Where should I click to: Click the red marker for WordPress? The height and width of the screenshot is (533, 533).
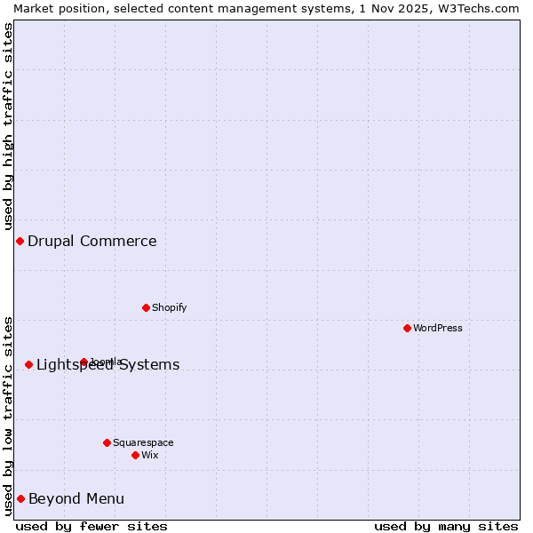(407, 328)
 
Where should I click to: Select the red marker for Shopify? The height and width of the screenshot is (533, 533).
(146, 307)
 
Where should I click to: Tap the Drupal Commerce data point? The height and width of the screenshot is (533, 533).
(20, 241)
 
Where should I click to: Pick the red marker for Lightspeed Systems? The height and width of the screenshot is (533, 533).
(28, 364)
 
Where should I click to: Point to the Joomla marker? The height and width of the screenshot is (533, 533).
(84, 362)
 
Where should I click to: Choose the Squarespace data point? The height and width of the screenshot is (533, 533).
(107, 442)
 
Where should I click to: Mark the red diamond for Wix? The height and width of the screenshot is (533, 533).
(135, 455)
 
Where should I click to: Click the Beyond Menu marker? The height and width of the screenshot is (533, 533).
(20, 498)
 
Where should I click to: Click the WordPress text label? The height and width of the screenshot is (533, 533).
(438, 328)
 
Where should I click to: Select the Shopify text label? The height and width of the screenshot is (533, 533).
(169, 307)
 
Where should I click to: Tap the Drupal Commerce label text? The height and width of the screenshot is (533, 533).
(92, 241)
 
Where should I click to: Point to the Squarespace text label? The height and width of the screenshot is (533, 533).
(143, 442)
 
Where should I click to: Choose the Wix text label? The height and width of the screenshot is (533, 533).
(150, 455)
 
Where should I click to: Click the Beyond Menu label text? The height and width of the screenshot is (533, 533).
(76, 498)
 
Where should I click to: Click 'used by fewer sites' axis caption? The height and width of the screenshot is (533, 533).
(91, 526)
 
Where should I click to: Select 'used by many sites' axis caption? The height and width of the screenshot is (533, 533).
(446, 526)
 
